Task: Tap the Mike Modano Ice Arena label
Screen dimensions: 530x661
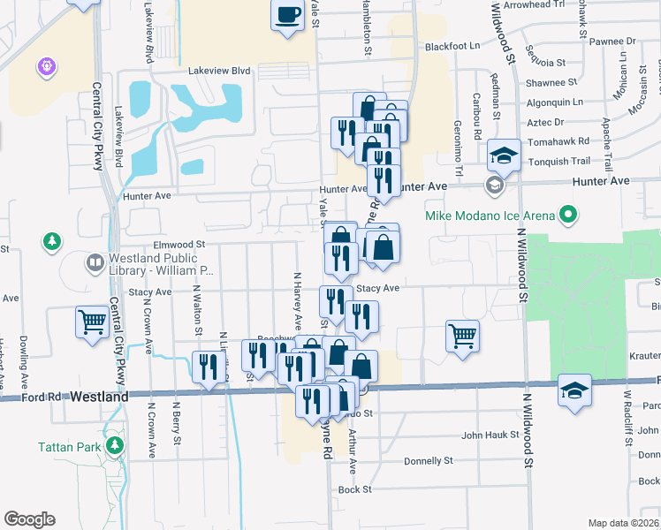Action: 489,216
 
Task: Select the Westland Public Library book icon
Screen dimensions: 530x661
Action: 95,262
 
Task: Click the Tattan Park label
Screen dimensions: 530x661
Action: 69,447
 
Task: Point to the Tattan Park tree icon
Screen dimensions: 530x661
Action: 113,446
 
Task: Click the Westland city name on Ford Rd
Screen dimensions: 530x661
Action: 100,397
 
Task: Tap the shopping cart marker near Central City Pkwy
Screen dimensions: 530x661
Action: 92,322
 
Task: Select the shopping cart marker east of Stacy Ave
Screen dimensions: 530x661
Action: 462,336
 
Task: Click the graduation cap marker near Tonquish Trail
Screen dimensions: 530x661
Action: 504,156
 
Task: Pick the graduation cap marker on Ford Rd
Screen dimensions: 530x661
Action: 574,390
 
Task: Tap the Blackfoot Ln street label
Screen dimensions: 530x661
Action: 452,46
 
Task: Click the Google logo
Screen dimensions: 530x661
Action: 29,519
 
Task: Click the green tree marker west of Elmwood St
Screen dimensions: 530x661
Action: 52,241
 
